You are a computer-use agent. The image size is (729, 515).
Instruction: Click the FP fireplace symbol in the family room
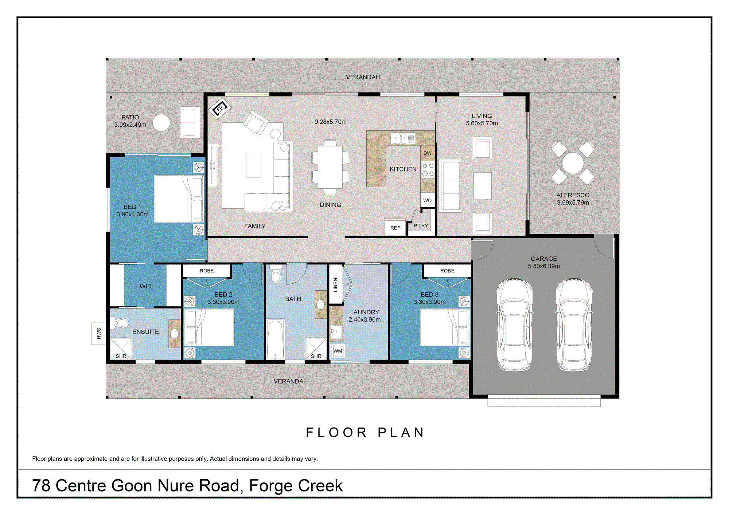coord(220,108)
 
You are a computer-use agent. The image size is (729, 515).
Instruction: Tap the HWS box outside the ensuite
coord(98,333)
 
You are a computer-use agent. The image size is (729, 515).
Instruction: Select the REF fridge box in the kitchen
coord(395,228)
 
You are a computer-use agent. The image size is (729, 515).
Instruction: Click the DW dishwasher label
coord(428,153)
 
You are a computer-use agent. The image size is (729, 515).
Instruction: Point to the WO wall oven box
coord(428,200)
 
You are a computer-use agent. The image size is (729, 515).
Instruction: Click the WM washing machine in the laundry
coord(338,351)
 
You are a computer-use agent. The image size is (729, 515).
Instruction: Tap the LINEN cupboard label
coord(335,285)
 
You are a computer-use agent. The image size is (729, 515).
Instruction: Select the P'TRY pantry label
coord(421,226)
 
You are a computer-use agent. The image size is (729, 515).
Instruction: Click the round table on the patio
coord(161,123)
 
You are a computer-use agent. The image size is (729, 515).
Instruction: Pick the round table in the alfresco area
coord(573,163)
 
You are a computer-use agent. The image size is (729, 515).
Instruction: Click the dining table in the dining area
coord(330,167)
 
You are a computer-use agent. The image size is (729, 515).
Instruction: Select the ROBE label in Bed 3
coord(447,271)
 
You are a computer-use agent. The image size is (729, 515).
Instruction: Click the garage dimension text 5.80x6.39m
coord(543,266)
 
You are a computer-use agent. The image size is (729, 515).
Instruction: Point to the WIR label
coord(145,286)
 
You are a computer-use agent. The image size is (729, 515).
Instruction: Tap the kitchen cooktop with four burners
coord(428,170)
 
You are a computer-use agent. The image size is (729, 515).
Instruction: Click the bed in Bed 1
coord(179,198)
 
